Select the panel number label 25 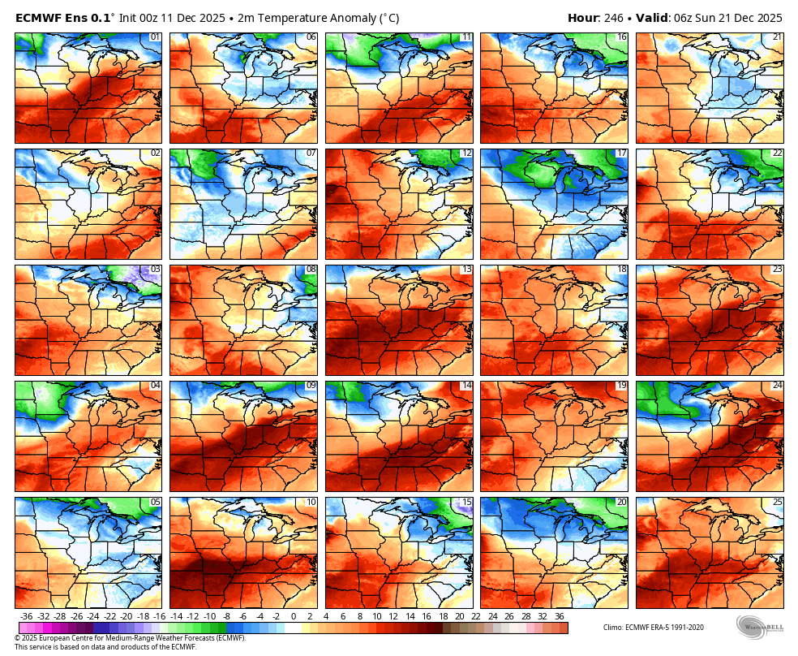pos(777,502)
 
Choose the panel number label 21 pos(777,37)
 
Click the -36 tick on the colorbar pos(27,616)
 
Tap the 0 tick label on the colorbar pos(293,616)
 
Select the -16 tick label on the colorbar pos(159,616)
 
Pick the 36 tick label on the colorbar pos(560,616)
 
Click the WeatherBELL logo pos(761,627)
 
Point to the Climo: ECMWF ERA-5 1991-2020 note pos(654,627)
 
